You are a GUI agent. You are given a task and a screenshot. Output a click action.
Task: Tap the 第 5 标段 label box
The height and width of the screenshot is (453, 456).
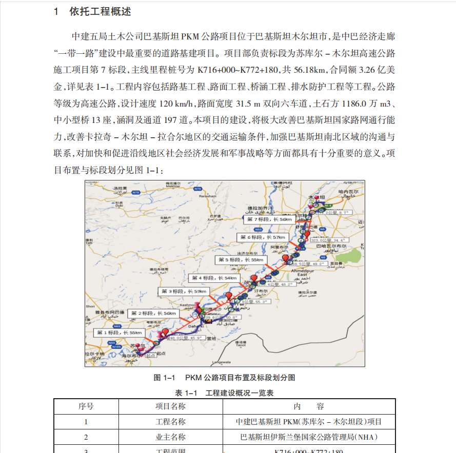point(240,260)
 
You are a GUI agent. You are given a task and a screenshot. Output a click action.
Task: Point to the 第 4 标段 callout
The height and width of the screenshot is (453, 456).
point(214,278)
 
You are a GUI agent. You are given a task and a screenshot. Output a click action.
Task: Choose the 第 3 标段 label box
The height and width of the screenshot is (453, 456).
point(183,291)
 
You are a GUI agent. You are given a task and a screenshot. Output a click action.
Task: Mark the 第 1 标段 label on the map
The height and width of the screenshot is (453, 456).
point(118,333)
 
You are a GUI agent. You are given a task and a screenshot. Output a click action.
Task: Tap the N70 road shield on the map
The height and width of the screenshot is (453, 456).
point(135,192)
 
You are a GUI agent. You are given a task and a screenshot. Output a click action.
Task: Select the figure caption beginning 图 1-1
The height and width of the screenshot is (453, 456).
point(224,378)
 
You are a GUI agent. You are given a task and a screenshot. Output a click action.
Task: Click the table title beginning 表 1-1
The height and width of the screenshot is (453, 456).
point(224,393)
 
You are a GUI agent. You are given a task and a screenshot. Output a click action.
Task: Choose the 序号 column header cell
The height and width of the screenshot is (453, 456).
point(86,407)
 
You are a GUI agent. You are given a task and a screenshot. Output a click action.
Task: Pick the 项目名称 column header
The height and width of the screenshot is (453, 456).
point(170,407)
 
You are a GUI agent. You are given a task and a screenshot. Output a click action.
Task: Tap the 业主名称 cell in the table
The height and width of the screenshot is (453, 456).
point(170,437)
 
